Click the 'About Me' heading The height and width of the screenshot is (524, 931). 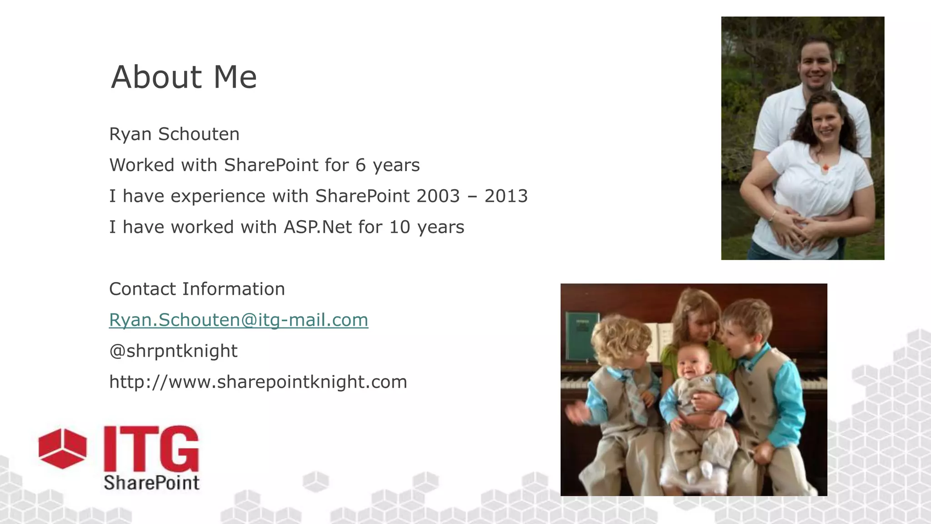pyautogui.click(x=184, y=77)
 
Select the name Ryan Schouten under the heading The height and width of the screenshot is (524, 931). pyautogui.click(x=174, y=134)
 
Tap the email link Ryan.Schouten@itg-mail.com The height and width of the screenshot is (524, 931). pyautogui.click(x=238, y=320)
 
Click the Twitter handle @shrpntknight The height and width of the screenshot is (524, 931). pyautogui.click(x=173, y=351)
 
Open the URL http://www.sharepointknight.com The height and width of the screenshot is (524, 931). pyautogui.click(x=258, y=382)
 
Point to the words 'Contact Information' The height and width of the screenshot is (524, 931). pyautogui.click(x=197, y=289)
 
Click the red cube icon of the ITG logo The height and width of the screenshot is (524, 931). pyautogui.click(x=62, y=448)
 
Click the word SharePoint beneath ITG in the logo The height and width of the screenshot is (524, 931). pyautogui.click(x=151, y=483)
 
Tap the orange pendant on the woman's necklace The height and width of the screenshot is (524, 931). pyautogui.click(x=825, y=168)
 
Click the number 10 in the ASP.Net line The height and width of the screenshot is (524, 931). pyautogui.click(x=400, y=227)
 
